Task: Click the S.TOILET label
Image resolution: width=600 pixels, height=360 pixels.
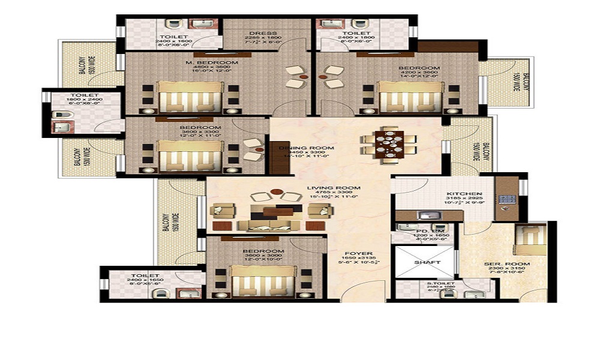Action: coord(442,283)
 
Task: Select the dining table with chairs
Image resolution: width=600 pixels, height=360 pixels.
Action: coord(389,144)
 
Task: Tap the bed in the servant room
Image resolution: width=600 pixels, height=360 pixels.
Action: coord(530,239)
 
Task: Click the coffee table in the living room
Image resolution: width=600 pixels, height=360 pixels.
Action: coord(273,210)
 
